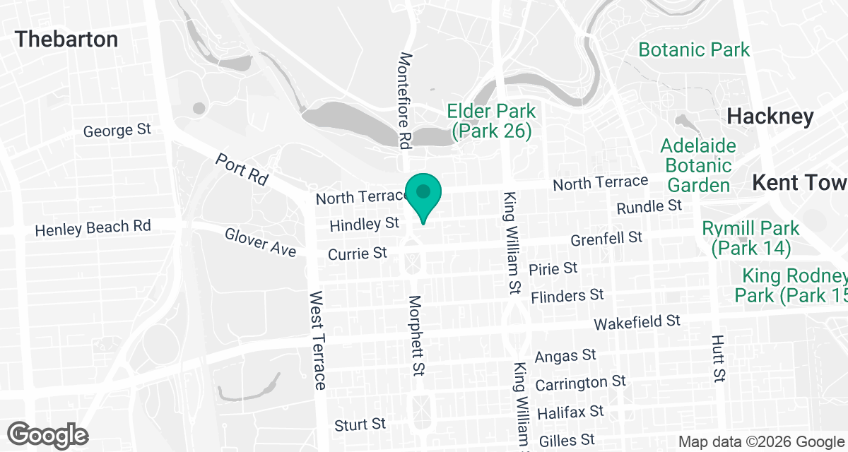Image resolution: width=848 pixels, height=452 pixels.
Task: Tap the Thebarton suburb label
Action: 66,39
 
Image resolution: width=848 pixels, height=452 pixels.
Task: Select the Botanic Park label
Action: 693,50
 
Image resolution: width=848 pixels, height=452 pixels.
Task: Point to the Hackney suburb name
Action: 770,117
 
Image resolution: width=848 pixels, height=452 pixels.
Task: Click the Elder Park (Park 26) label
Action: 491,121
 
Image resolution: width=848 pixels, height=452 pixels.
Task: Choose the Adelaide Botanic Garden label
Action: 698,166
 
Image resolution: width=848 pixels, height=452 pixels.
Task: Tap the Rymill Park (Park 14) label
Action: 750,238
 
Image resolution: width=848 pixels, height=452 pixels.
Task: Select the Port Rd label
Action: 242,169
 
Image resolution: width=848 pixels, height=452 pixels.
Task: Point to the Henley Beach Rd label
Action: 93,229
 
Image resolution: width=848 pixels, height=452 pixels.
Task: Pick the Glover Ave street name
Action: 260,242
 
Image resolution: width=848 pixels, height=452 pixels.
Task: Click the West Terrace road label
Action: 317,340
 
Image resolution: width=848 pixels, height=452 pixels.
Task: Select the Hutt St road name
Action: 719,359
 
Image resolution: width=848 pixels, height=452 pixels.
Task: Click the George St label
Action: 117,131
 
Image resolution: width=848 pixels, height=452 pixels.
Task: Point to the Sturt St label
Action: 360,424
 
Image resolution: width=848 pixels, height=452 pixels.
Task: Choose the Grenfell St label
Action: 606,237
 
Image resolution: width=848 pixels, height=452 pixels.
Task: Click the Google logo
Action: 48,434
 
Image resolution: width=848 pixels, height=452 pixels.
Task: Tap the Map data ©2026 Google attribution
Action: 762,442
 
